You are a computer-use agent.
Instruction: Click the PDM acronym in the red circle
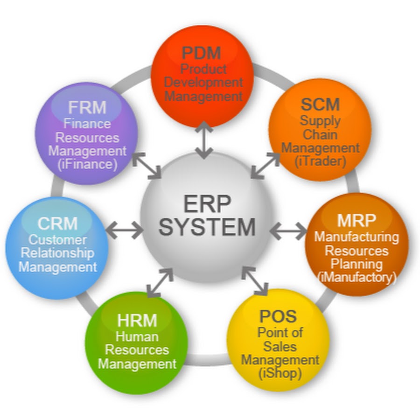tap(201, 52)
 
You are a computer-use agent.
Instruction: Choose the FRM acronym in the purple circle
tap(87, 107)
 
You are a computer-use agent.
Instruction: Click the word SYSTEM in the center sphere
tap(207, 227)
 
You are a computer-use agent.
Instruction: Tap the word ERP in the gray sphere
tap(207, 204)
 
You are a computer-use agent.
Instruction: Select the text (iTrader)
tap(321, 161)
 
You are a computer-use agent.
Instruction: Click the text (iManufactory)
tap(357, 277)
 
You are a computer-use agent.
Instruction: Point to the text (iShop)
tap(279, 373)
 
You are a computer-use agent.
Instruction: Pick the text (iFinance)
tap(87, 164)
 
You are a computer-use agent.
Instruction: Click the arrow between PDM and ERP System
tap(203, 140)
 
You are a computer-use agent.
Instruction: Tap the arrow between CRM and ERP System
tap(124, 229)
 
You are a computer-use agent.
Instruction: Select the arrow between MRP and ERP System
tap(288, 230)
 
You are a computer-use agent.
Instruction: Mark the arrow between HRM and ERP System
tap(159, 283)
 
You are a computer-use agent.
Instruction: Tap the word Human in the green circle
tap(137, 336)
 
